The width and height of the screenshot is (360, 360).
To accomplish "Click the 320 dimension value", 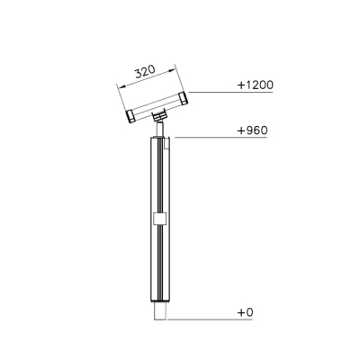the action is [145, 72].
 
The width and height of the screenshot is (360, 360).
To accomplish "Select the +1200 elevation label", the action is [256, 85].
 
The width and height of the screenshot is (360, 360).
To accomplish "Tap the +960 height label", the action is [252, 130].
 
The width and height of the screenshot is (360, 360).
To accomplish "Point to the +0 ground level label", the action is [246, 312].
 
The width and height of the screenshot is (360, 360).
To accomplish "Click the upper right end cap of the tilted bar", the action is [182, 98].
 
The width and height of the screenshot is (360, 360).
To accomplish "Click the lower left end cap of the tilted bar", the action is [130, 116].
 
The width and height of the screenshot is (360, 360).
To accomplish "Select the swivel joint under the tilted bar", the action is [159, 116].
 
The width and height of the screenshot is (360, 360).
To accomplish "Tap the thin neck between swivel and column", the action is [160, 129].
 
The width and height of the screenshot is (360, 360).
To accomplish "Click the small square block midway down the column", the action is [159, 219].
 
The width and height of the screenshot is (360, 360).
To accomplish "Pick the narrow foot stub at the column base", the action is [160, 311].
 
